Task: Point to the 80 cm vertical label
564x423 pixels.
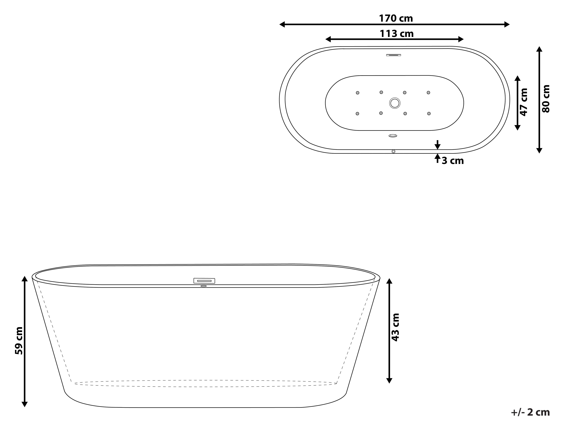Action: [546, 99]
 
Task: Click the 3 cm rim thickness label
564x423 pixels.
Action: [453, 161]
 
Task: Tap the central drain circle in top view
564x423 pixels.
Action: [395, 103]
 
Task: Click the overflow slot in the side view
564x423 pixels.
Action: [204, 281]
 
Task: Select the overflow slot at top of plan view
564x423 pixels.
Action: [393, 55]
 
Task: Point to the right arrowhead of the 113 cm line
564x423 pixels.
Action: [461, 39]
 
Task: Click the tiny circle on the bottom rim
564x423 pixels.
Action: [393, 151]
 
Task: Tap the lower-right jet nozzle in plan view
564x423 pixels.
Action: [429, 114]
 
